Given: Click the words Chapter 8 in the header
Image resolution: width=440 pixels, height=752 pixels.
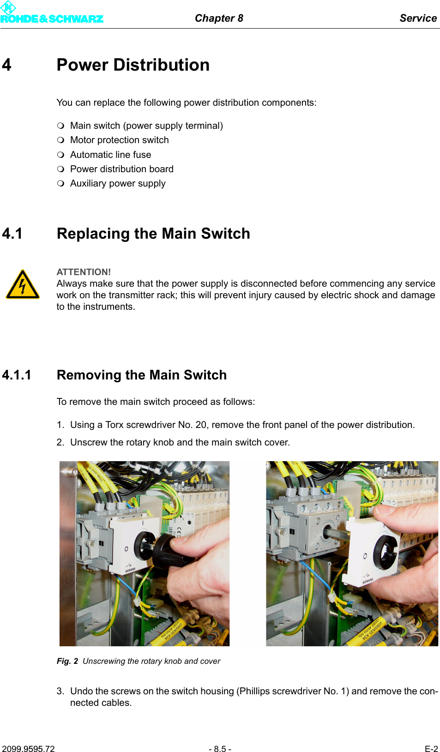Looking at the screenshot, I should click(219, 18).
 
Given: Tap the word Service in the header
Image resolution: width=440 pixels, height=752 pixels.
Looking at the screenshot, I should click(417, 18).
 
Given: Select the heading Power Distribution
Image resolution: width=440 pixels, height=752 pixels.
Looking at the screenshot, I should click(133, 65).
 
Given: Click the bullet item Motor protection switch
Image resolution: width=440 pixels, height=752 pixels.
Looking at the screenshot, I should click(119, 140).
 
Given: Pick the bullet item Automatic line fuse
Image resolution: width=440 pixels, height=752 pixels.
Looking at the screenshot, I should click(110, 155).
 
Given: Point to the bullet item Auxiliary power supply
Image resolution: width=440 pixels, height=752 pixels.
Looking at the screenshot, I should click(117, 183).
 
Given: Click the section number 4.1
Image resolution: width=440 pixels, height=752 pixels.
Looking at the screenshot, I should click(12, 234).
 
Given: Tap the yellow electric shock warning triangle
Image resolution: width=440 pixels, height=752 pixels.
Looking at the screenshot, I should click(23, 285).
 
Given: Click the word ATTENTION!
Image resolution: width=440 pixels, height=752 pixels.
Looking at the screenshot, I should click(84, 272).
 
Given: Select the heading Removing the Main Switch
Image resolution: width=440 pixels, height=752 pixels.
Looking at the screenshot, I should click(141, 375).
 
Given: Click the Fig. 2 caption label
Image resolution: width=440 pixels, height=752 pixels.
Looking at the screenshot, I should click(67, 661).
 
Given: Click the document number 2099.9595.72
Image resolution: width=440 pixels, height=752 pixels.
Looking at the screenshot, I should click(28, 749).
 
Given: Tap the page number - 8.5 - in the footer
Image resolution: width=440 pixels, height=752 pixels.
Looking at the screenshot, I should click(220, 749).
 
